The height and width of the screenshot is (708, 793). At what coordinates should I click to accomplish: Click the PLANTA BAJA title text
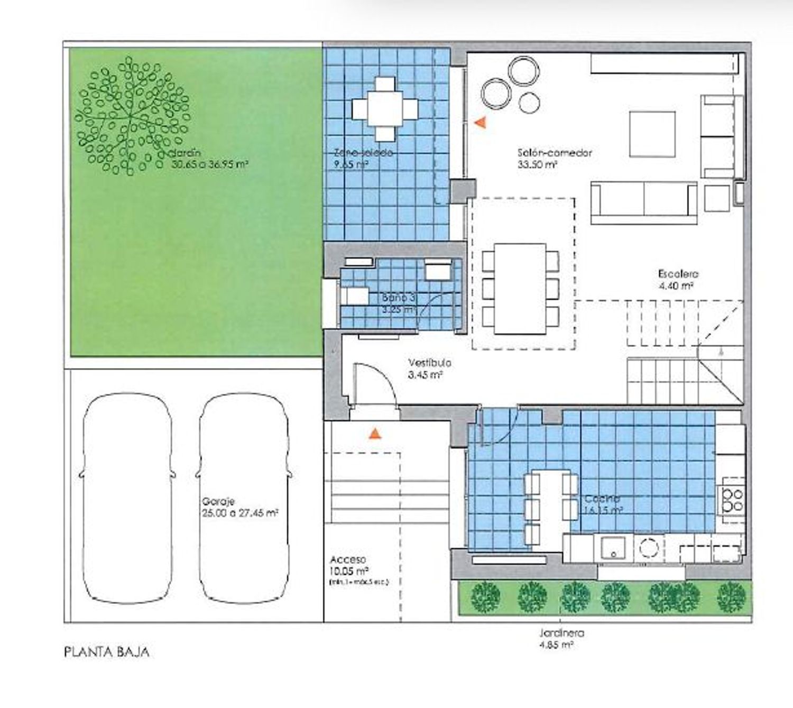[x=106, y=651]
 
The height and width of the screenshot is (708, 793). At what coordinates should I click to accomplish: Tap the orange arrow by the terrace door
[x=480, y=123]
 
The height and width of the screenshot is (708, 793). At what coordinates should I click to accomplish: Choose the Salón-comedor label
[x=555, y=158]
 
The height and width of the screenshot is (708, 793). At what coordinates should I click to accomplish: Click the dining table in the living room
[x=520, y=289]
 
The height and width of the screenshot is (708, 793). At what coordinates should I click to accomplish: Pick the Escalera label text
[x=678, y=279]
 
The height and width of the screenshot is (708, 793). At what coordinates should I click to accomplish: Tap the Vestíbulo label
[x=429, y=369]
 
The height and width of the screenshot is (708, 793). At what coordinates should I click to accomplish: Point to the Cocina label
[x=603, y=504]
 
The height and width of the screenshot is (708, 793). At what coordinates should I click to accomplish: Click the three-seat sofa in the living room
[x=643, y=203]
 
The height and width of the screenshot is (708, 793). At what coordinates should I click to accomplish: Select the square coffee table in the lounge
[x=652, y=134]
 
